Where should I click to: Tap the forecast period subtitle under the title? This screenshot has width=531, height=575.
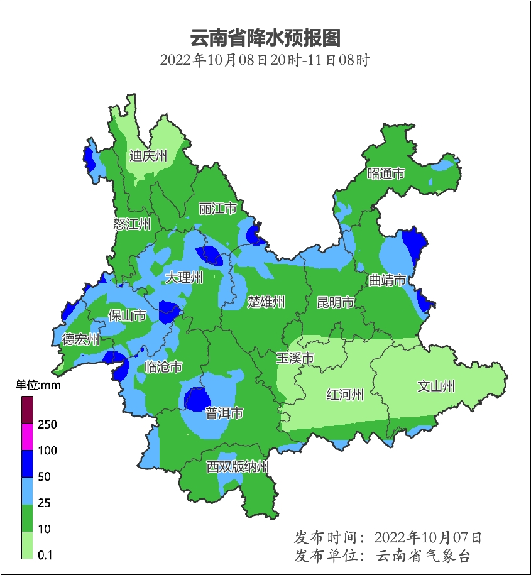[265, 61]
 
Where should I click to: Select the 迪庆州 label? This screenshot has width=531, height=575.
[148, 156]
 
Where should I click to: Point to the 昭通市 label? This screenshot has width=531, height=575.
[386, 174]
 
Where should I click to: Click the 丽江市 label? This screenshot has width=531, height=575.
[217, 208]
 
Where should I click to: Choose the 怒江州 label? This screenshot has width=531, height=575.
[132, 224]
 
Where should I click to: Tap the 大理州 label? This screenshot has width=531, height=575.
[183, 277]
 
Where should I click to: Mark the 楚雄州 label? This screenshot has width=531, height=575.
[266, 302]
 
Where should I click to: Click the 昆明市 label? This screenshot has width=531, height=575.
[336, 303]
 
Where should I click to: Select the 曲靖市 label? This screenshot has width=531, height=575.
[387, 280]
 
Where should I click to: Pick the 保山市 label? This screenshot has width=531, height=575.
[127, 315]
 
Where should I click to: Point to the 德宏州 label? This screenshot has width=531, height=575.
[80, 340]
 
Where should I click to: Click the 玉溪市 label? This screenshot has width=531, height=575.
[295, 358]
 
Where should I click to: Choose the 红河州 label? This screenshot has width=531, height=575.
[345, 395]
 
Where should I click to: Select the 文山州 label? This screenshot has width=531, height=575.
[436, 386]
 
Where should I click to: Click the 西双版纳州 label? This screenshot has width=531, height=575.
[238, 467]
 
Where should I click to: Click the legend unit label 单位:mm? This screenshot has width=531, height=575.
[38, 385]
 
